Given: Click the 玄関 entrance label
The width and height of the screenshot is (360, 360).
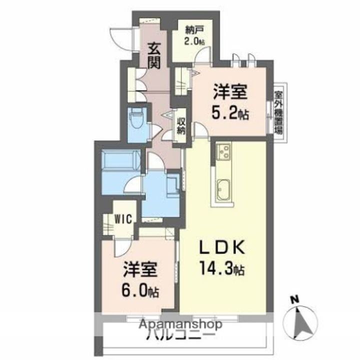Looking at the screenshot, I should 153,56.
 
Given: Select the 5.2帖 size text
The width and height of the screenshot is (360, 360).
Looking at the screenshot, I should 230,114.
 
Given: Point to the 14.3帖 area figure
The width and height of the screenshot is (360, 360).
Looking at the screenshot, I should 223,270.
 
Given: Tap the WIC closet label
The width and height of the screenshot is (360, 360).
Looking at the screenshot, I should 121,219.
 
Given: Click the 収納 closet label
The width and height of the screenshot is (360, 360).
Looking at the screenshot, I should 180,126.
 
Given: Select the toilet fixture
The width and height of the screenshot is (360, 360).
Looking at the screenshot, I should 135,120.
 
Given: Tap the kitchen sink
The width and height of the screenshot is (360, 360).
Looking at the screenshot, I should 223,190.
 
